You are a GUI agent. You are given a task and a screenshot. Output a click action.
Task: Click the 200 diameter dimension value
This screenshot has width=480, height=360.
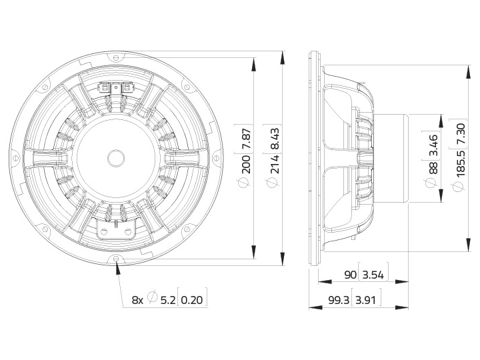247,164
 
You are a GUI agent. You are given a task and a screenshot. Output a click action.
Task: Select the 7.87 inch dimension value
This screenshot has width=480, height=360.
247,139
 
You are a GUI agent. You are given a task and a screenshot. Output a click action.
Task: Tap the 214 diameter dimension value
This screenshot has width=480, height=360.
275,164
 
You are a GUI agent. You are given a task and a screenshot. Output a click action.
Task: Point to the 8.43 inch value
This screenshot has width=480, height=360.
275,139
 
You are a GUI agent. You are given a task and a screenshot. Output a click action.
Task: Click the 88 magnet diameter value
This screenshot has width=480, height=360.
433,167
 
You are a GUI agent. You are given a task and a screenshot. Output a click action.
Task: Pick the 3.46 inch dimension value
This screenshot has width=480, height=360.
433,145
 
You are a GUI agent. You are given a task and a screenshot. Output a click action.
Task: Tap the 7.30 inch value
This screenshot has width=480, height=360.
460,134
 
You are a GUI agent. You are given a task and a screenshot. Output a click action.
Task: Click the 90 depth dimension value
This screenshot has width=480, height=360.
350,275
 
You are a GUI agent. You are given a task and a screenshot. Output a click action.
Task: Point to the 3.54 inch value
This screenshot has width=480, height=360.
373,275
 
